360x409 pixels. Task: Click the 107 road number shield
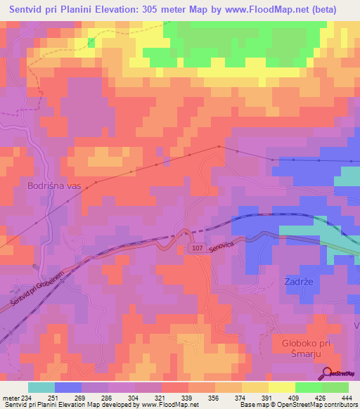click(197, 248)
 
